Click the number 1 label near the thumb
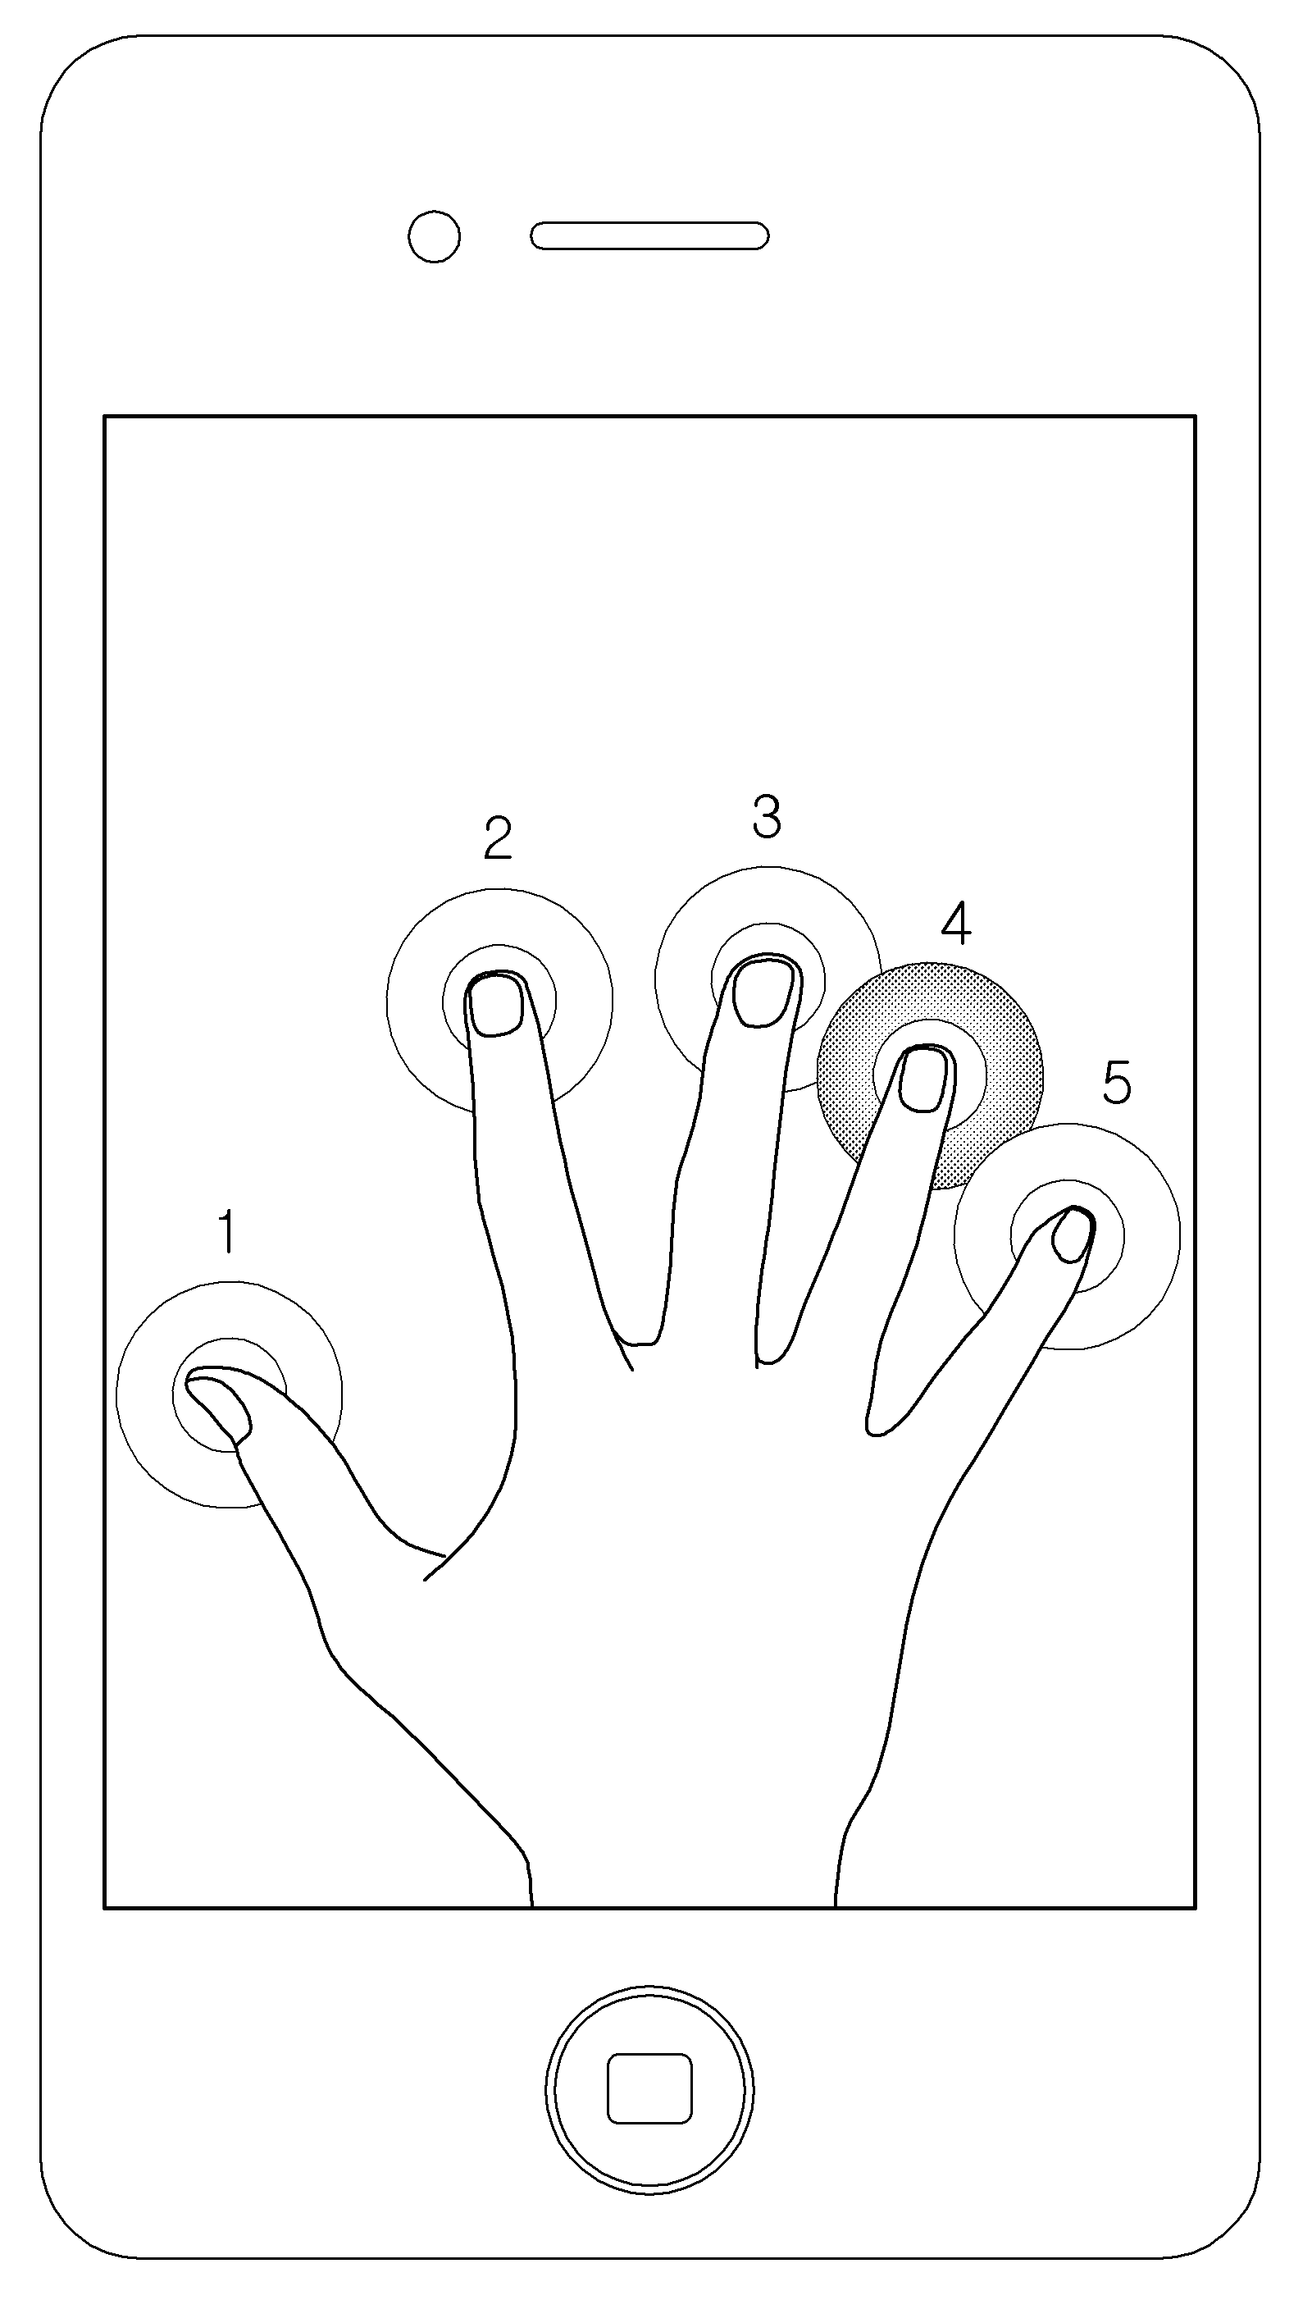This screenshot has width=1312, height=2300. pos(228,1231)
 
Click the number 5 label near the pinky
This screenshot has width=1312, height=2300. pos(1117,1083)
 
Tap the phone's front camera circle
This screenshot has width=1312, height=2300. pos(435,236)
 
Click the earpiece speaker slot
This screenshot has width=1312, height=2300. pos(649,236)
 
